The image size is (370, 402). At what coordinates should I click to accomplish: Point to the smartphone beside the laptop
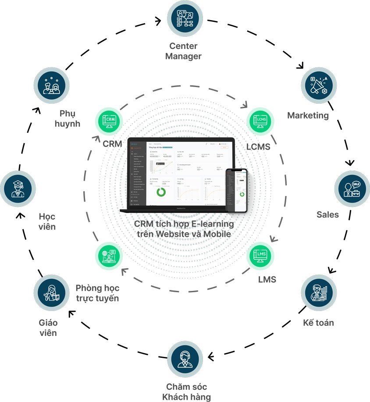[237, 191]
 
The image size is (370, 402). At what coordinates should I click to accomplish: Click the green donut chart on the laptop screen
[160, 192]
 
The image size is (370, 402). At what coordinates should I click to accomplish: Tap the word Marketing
[308, 115]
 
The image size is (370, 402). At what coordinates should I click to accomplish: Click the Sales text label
[328, 214]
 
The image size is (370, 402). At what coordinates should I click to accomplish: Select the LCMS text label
[258, 147]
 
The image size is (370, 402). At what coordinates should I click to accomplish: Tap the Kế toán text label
[318, 323]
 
